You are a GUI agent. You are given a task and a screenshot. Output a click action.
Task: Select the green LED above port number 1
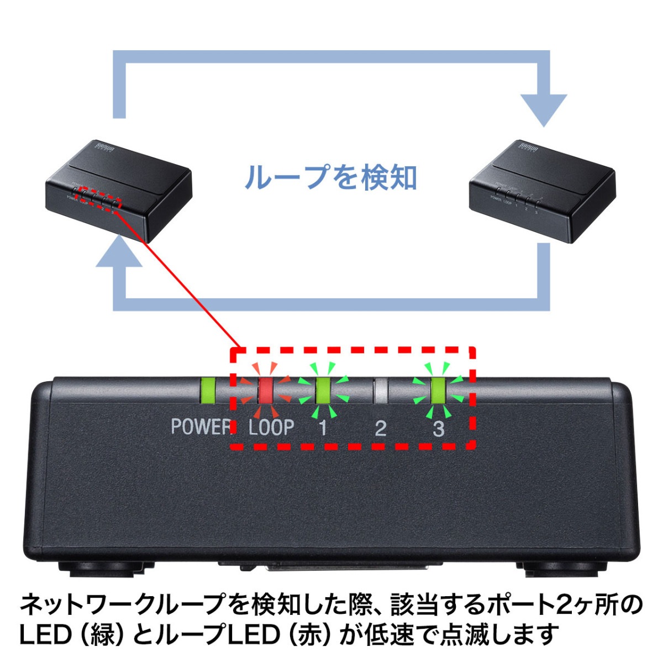click(323, 391)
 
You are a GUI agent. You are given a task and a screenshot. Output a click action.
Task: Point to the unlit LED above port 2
click(381, 391)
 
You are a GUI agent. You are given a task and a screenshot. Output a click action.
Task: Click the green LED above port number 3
click(438, 391)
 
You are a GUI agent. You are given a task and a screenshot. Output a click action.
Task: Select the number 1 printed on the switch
click(323, 428)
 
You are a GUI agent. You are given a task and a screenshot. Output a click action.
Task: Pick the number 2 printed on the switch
click(381, 428)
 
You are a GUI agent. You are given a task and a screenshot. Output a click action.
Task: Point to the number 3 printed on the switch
click(438, 428)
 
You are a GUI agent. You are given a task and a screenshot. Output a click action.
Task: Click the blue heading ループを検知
click(330, 178)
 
